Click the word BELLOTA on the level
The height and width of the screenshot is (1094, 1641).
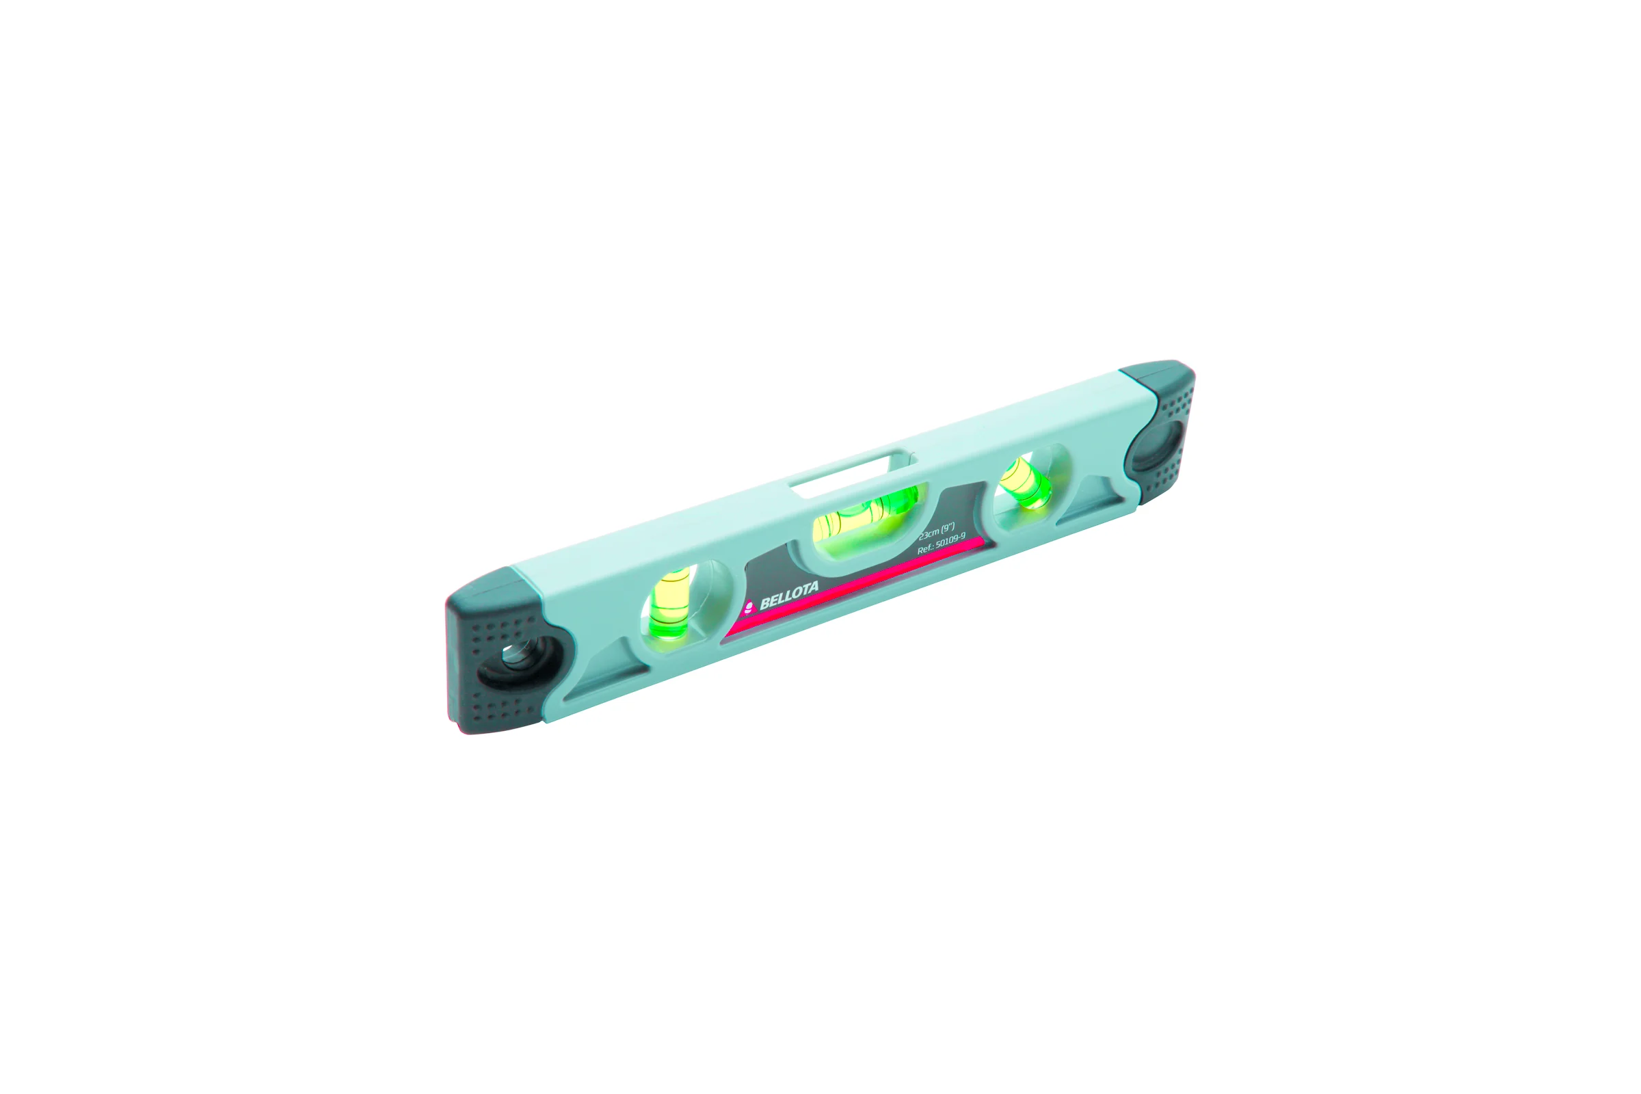(x=789, y=594)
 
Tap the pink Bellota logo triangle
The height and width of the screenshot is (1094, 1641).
(x=749, y=606)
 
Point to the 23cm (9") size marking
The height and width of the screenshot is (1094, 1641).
(x=936, y=532)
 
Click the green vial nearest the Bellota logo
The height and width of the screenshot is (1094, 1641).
(x=670, y=602)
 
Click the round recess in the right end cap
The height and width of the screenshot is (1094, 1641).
(x=1158, y=444)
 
